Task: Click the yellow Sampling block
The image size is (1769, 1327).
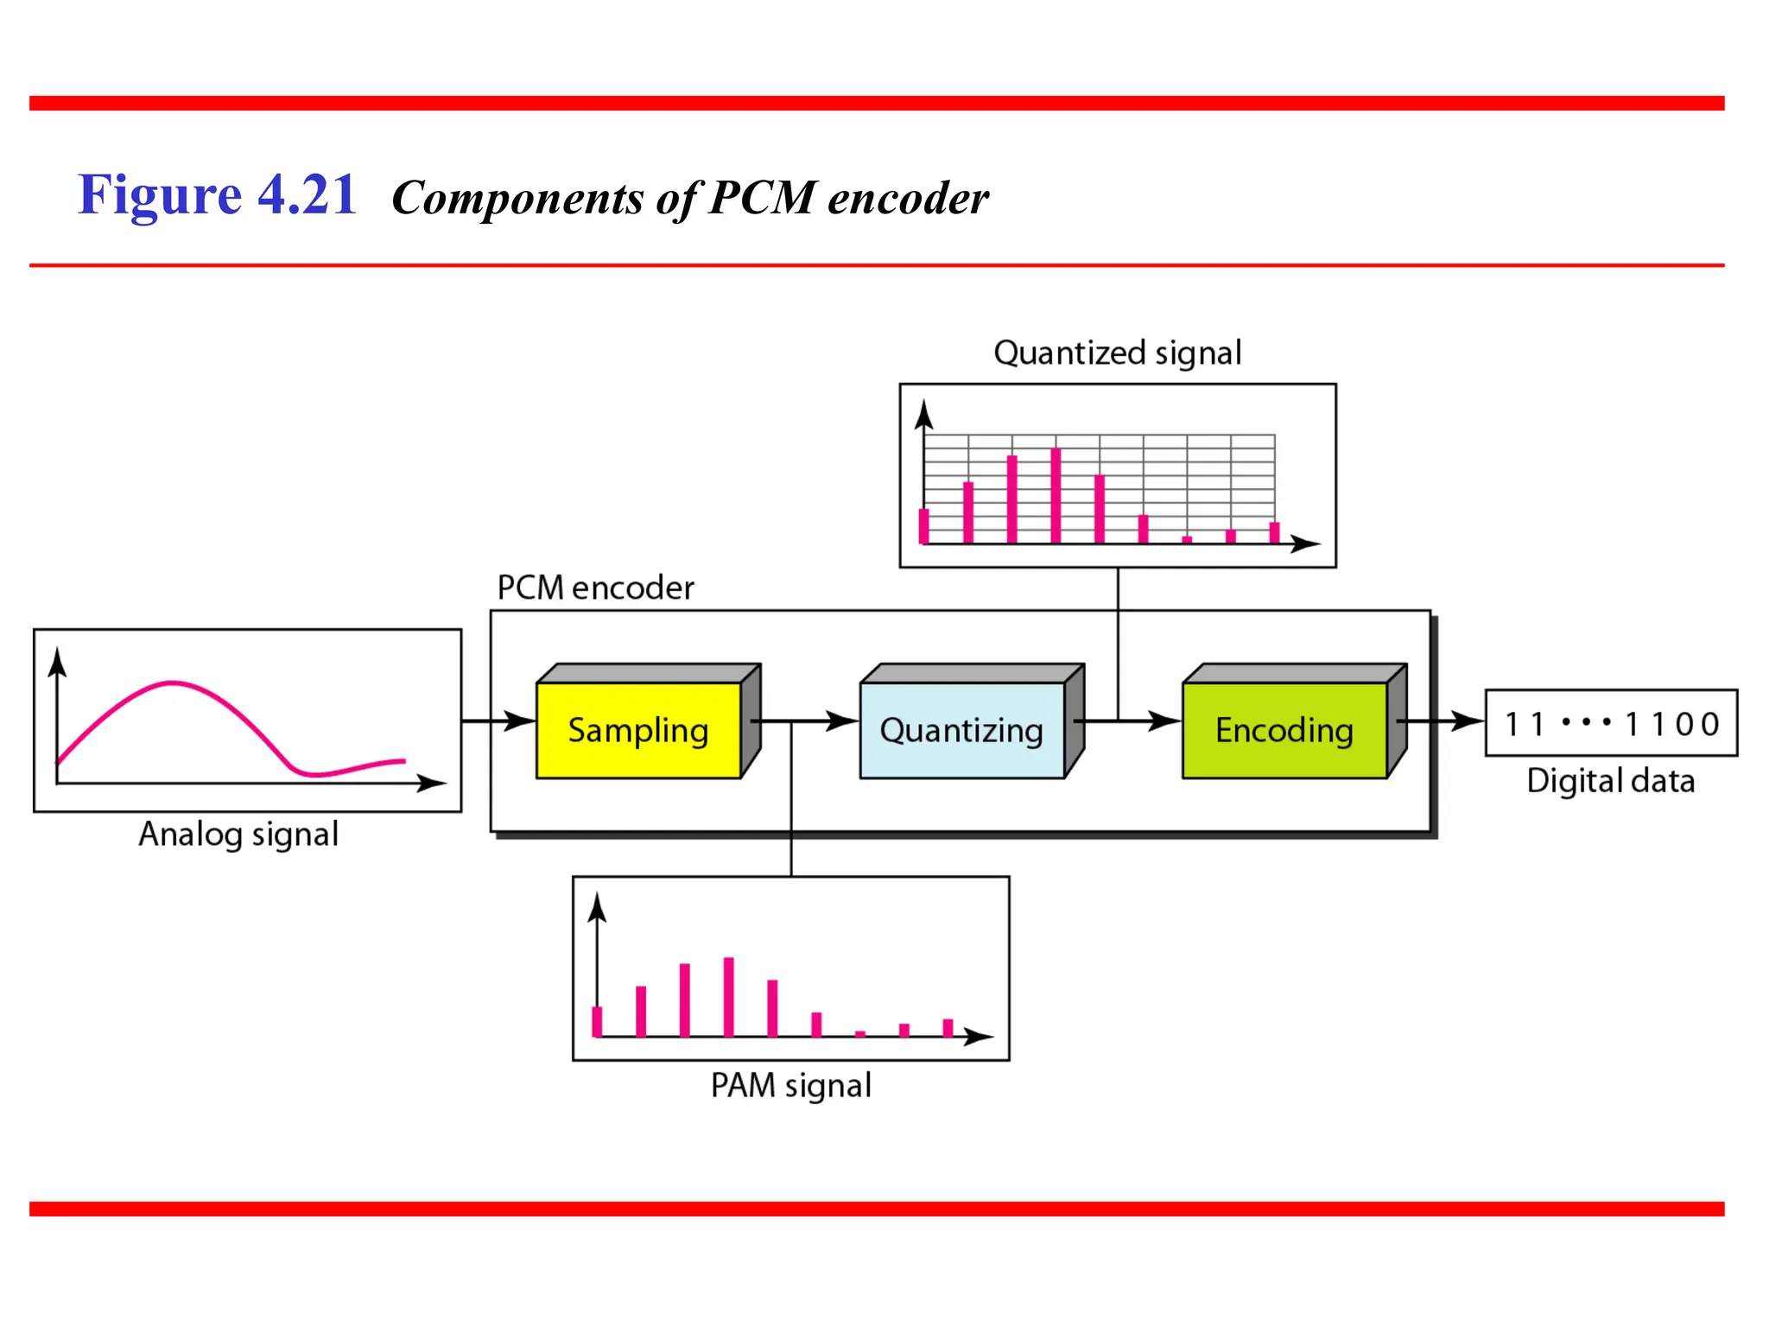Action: click(x=638, y=730)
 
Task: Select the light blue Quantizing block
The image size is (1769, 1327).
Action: click(x=961, y=730)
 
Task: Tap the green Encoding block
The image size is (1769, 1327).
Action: click(x=1284, y=730)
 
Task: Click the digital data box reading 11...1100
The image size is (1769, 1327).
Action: click(x=1611, y=723)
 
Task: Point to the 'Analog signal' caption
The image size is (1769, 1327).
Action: click(x=238, y=835)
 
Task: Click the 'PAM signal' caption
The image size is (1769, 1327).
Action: click(x=790, y=1086)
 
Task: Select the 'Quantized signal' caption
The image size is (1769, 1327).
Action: click(x=1117, y=353)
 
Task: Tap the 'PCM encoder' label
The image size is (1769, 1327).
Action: click(x=595, y=588)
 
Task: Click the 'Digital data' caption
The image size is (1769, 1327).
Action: click(x=1610, y=781)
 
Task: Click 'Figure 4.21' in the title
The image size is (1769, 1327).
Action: click(x=218, y=195)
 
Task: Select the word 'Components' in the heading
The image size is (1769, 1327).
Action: click(x=517, y=199)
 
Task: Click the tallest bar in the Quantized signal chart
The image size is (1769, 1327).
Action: click(x=1056, y=495)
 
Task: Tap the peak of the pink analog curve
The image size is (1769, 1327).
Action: click(x=173, y=683)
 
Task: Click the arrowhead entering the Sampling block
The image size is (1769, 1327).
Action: click(x=521, y=721)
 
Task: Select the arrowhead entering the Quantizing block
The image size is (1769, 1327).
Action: click(x=844, y=721)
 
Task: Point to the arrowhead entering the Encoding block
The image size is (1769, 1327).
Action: click(x=1166, y=721)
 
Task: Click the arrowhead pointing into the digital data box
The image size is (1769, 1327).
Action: click(x=1469, y=721)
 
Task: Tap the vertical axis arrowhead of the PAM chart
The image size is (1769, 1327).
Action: click(x=597, y=908)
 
